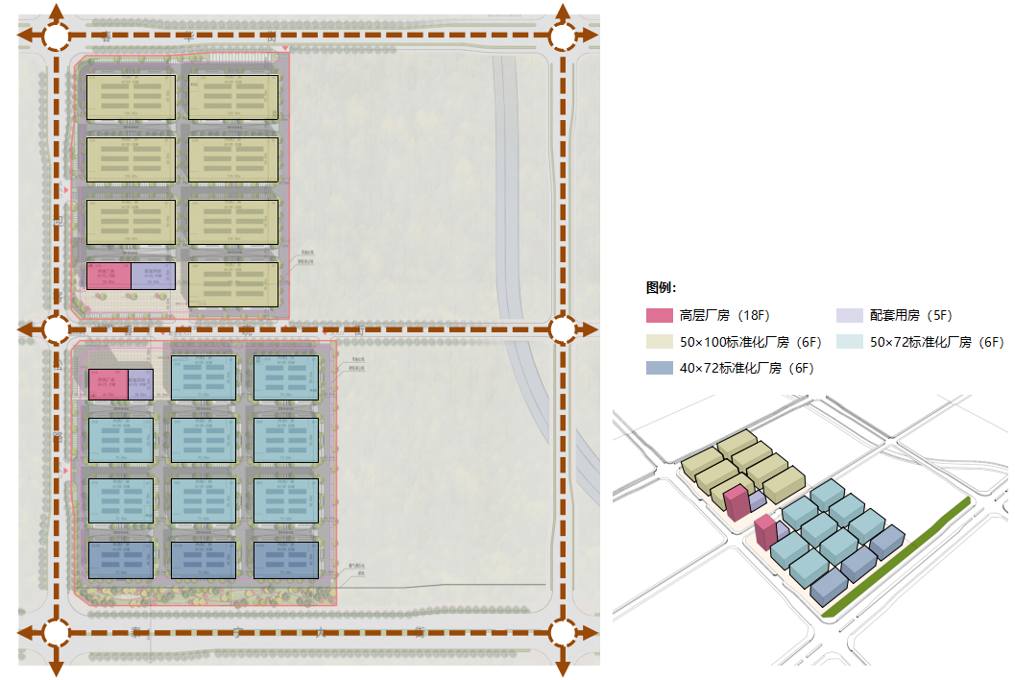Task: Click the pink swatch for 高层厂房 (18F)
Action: point(659,315)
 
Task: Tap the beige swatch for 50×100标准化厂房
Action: point(659,341)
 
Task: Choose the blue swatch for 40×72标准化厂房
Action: point(659,367)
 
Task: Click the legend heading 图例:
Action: point(662,287)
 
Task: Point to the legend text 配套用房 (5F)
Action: point(910,315)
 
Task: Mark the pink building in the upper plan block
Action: point(109,277)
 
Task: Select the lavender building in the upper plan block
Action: point(153,277)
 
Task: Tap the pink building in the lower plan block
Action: point(108,384)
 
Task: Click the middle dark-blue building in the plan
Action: point(203,560)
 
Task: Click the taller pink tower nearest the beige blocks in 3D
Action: point(737,502)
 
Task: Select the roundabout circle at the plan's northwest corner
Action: point(56,36)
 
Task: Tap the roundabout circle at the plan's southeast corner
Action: point(563,633)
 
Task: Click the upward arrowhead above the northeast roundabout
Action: point(563,12)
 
